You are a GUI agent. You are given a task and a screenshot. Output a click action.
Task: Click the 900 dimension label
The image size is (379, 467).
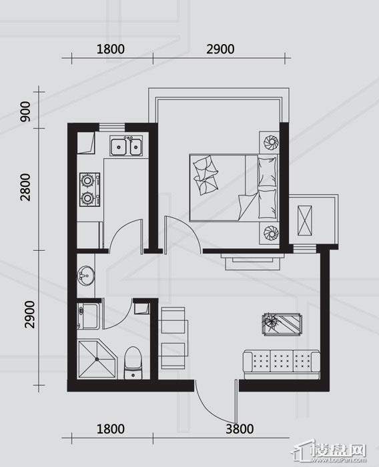25,111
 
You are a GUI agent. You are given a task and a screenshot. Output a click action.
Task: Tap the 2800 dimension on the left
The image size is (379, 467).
25,187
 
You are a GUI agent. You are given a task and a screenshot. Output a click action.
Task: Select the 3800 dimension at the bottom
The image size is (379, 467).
240,429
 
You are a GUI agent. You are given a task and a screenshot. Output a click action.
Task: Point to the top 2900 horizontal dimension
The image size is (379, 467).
220,49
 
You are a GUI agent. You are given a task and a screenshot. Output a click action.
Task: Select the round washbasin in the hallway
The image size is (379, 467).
86,276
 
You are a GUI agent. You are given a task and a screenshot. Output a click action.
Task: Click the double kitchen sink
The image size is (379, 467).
126,145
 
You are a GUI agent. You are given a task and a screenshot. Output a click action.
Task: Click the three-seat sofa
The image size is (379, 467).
282,362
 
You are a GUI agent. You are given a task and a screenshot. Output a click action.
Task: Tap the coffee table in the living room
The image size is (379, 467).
282,324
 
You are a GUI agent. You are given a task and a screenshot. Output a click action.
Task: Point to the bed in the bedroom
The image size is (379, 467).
234,187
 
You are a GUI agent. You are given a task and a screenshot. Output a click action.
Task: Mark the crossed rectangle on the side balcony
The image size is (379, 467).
305,220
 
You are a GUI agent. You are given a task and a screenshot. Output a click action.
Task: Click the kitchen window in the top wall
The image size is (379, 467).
111,127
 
